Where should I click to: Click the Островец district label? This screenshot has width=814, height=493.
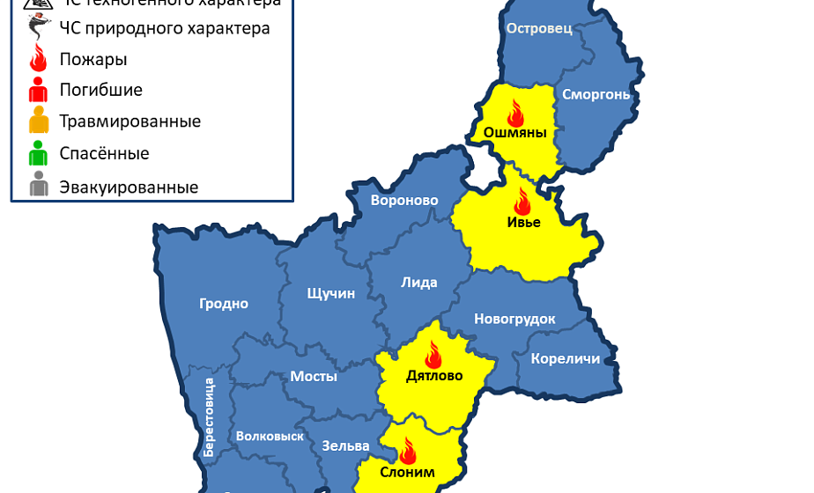tap(539, 29)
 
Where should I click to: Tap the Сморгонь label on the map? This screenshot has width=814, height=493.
tap(596, 94)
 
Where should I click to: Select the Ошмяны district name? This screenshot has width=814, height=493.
tap(515, 133)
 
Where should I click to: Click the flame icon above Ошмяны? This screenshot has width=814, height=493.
tap(515, 113)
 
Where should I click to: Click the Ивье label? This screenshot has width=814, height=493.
tap(523, 222)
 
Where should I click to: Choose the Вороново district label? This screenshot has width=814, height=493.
tap(404, 201)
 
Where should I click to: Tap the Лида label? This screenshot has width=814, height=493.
tap(418, 283)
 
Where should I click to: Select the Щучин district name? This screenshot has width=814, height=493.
tap(330, 293)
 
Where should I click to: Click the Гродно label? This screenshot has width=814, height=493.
tap(224, 304)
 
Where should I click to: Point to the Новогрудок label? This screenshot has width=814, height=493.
tap(514, 319)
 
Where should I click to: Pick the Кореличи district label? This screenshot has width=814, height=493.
tap(565, 358)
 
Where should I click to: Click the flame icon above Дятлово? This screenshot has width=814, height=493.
tap(433, 356)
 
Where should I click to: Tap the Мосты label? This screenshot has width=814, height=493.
tap(314, 376)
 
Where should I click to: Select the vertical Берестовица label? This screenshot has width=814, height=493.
tap(210, 416)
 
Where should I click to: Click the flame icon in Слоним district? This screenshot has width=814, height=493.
tap(407, 452)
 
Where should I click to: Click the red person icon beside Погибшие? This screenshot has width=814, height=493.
tap(38, 89)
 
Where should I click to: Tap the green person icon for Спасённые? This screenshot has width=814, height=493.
tap(38, 154)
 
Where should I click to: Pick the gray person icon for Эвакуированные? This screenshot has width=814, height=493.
tap(38, 187)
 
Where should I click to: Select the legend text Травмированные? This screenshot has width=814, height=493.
tap(129, 121)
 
